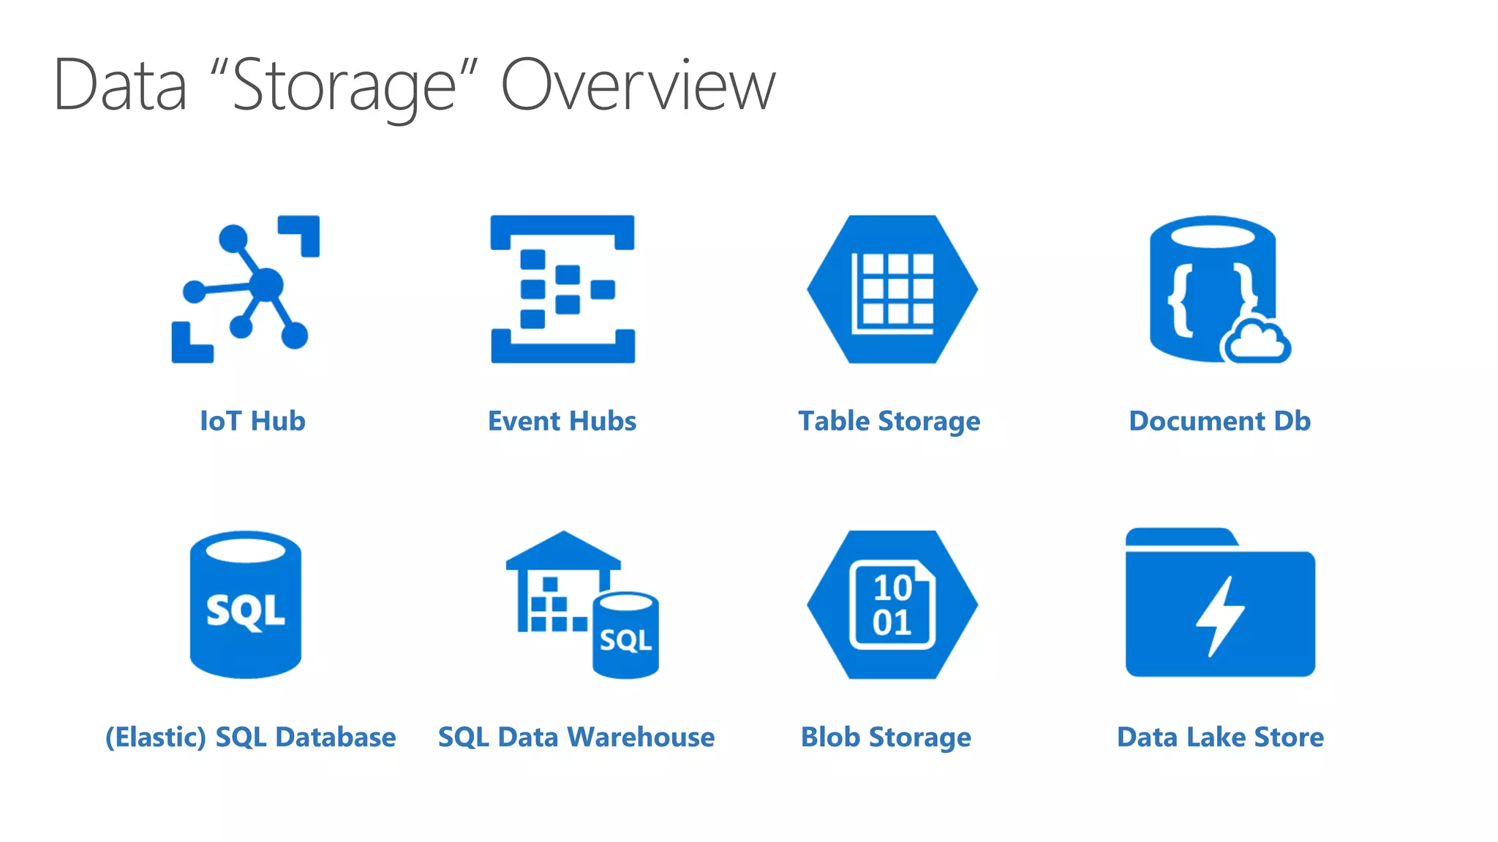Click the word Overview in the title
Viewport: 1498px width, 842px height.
tap(637, 86)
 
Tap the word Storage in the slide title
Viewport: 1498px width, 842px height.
tap(344, 87)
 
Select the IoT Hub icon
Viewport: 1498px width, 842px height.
tap(246, 288)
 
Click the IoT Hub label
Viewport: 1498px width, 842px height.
tap(252, 421)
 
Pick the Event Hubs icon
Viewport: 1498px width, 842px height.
tap(562, 289)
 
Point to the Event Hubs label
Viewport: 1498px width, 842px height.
tap(562, 421)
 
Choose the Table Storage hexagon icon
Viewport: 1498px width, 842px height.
tap(892, 289)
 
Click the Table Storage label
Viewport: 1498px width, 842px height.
tap(889, 422)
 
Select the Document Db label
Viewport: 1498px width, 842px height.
tap(1219, 421)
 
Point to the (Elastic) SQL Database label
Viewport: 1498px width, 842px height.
tap(251, 737)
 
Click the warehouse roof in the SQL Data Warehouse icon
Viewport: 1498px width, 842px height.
tap(562, 550)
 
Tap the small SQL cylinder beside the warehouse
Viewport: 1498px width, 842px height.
tap(625, 635)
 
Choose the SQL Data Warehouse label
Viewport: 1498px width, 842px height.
tap(576, 737)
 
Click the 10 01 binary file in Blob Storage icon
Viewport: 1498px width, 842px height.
tap(892, 605)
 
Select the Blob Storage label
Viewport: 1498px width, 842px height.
tap(886, 737)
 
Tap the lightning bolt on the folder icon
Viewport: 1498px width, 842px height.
tap(1219, 615)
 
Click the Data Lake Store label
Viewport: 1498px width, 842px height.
tap(1220, 737)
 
